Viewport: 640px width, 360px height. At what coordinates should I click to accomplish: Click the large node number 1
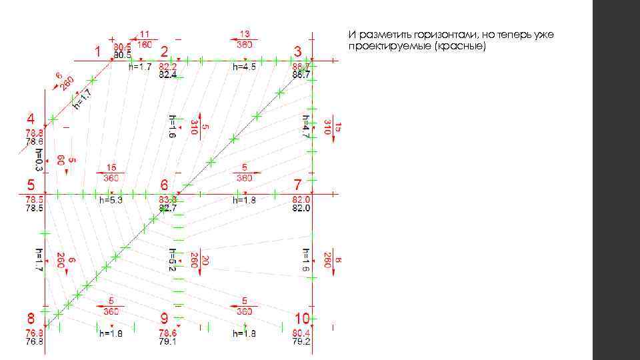tap(98, 51)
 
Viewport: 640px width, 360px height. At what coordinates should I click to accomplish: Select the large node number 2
tap(165, 51)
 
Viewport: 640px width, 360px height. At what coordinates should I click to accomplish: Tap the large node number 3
tap(297, 51)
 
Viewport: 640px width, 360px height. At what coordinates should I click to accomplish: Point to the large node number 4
tap(31, 118)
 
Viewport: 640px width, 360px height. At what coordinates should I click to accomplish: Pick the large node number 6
tap(165, 184)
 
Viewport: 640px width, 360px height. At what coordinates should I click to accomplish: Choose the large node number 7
tap(297, 184)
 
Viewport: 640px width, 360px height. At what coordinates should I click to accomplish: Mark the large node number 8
tap(31, 317)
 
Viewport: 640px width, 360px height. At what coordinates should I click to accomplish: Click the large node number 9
tap(165, 317)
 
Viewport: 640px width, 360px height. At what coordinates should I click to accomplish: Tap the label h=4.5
tap(244, 67)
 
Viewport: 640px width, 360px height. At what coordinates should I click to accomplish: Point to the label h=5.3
tap(111, 199)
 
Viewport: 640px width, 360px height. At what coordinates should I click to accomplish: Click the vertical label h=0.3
tap(39, 160)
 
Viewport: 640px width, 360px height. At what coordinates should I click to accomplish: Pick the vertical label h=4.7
tap(305, 127)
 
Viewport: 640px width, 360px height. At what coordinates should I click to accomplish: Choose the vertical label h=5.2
tap(172, 260)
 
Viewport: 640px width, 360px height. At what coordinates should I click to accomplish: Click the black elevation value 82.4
tap(168, 75)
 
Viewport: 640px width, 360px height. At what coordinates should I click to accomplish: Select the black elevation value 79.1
tap(168, 342)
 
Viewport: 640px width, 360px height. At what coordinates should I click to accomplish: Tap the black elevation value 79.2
tap(301, 342)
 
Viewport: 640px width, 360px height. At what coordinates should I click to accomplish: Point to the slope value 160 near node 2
tap(144, 45)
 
